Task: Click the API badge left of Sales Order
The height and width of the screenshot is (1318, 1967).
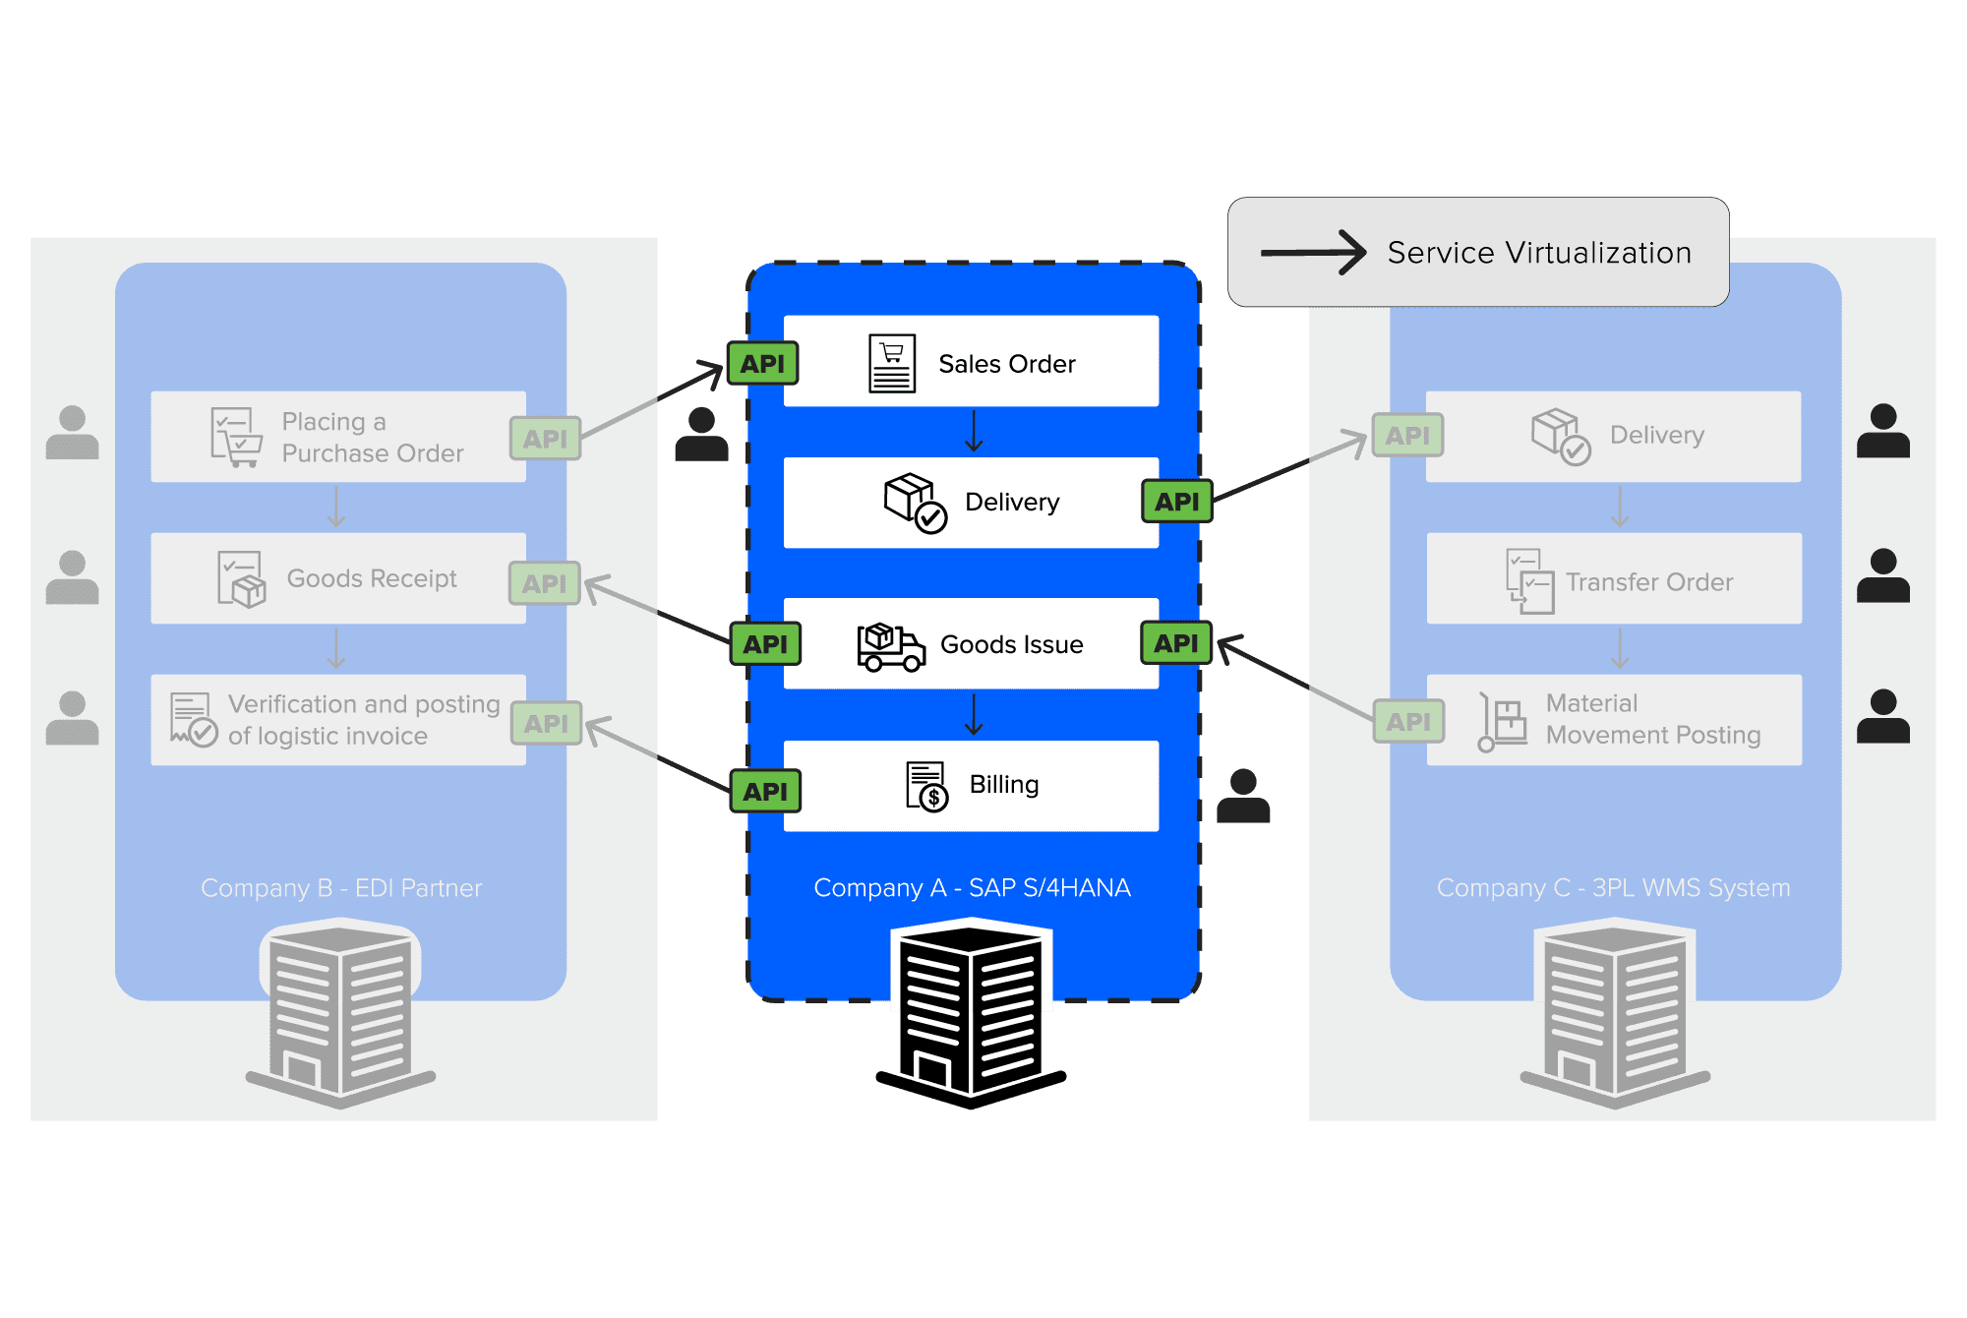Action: (762, 363)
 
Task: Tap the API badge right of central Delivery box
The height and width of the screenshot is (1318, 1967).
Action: (1177, 501)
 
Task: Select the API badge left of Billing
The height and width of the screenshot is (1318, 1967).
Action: (765, 791)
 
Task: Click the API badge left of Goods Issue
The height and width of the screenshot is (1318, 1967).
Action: (765, 644)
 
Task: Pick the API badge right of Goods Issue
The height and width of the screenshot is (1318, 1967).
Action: (1176, 642)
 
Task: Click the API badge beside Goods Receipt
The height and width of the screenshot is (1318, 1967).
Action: (545, 583)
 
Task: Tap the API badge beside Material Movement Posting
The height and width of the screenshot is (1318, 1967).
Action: (1408, 721)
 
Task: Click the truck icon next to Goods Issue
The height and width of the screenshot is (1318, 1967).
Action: (891, 646)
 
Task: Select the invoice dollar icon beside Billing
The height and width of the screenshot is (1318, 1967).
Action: (926, 786)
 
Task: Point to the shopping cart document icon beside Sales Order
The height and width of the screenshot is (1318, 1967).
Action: (892, 363)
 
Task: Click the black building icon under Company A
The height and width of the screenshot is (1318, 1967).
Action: (972, 1013)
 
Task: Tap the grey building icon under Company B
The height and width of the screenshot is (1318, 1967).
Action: (340, 1013)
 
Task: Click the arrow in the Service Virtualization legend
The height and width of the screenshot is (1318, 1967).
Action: (1313, 253)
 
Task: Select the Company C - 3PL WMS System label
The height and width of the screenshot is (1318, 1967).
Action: (1613, 887)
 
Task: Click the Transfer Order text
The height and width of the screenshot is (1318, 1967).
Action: (1649, 582)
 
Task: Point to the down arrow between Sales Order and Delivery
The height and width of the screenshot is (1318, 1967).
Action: (974, 431)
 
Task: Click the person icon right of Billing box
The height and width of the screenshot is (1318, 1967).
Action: (1243, 796)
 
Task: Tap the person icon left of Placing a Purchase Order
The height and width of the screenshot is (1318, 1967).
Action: (72, 432)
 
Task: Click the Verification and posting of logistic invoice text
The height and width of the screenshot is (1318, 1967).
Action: (364, 720)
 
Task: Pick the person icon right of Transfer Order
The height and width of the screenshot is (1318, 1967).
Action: (1883, 575)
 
